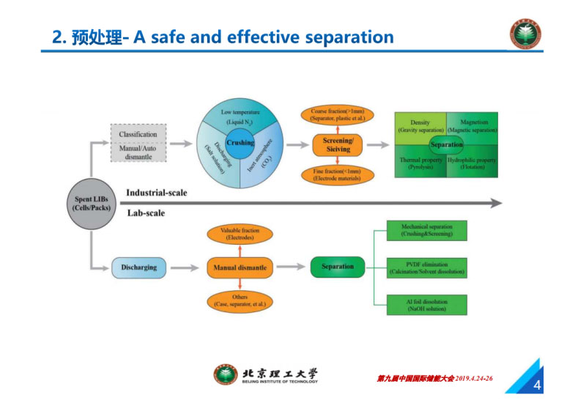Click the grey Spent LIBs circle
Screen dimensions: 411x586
click(x=90, y=202)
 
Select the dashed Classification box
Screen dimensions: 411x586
click(x=138, y=141)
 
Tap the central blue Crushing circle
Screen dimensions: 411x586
click(x=240, y=143)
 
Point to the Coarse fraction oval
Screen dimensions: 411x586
click(x=338, y=114)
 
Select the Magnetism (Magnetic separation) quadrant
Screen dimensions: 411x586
click(x=474, y=125)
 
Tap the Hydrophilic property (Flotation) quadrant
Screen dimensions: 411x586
click(x=474, y=163)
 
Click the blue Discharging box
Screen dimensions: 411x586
click(x=139, y=267)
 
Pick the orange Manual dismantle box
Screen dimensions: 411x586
click(x=240, y=267)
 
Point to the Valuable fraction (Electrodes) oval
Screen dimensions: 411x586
click(x=240, y=234)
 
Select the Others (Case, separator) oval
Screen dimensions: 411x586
click(x=240, y=300)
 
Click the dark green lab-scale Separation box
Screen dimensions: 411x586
click(x=338, y=267)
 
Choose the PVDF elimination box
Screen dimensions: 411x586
click(x=426, y=267)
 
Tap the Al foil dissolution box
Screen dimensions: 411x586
click(x=426, y=306)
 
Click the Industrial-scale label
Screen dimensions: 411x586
click(x=156, y=193)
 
